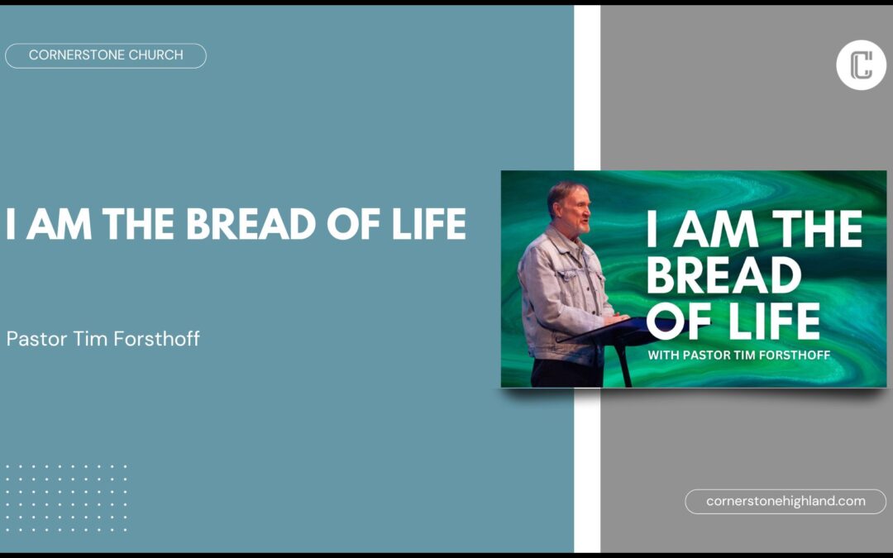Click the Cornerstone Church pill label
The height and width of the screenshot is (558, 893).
point(105,55)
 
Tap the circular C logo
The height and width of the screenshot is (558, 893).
point(861,64)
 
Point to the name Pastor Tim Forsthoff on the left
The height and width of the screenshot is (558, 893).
point(103,339)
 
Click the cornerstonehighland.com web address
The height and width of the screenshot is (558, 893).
point(786,501)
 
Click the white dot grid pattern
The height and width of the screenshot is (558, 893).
point(67,498)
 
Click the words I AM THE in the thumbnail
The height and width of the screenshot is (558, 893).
point(753,229)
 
